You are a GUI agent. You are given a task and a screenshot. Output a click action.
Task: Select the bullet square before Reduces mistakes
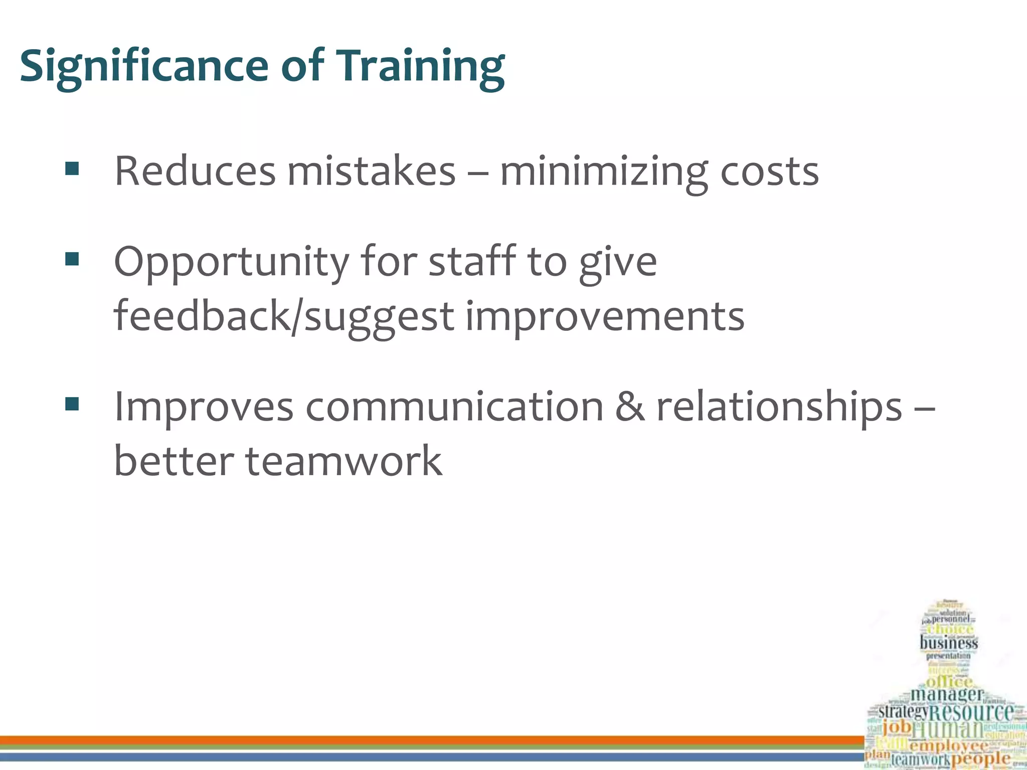pyautogui.click(x=72, y=169)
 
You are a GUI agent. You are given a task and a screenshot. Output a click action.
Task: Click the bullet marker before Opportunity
pyautogui.click(x=72, y=259)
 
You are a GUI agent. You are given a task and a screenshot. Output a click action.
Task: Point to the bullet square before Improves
pyautogui.click(x=72, y=404)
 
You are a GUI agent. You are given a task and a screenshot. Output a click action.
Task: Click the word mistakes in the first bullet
pyautogui.click(x=371, y=171)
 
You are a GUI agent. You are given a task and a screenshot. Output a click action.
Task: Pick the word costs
pyautogui.click(x=769, y=171)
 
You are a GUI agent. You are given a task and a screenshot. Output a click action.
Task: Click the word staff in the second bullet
pyautogui.click(x=472, y=261)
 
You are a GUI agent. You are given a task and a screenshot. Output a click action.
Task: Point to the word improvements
pyautogui.click(x=605, y=317)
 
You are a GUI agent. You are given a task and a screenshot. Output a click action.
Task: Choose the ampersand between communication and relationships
pyautogui.click(x=630, y=406)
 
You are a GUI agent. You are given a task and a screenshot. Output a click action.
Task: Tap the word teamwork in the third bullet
pyautogui.click(x=344, y=461)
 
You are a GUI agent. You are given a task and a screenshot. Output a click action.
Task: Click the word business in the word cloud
pyautogui.click(x=949, y=643)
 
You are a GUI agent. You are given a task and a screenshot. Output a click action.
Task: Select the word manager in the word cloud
pyautogui.click(x=947, y=694)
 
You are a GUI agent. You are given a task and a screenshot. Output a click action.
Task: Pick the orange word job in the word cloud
pyautogui.click(x=897, y=726)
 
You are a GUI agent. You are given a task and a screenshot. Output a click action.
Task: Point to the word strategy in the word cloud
pyautogui.click(x=903, y=711)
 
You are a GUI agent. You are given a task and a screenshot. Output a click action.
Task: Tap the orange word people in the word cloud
pyautogui.click(x=980, y=758)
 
